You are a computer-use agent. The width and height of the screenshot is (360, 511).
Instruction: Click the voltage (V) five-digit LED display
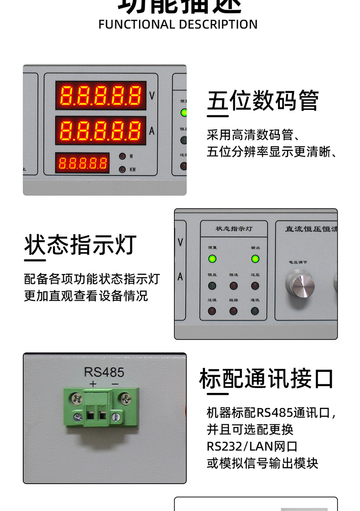click(x=101, y=95)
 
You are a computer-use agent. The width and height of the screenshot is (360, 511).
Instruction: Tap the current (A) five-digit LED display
click(x=101, y=130)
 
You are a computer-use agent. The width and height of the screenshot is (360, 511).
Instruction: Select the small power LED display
click(x=82, y=163)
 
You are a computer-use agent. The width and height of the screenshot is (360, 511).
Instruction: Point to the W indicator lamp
click(x=122, y=156)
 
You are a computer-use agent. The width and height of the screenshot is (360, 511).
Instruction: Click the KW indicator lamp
click(x=122, y=170)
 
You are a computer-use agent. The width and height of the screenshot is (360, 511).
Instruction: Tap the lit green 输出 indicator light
click(x=255, y=259)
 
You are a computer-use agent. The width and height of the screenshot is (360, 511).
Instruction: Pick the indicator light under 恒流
click(x=233, y=286)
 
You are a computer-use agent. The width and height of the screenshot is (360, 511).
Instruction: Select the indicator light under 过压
click(x=255, y=286)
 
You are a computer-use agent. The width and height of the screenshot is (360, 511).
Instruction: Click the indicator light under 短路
click(x=233, y=311)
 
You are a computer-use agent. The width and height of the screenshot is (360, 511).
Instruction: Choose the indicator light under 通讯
click(x=255, y=311)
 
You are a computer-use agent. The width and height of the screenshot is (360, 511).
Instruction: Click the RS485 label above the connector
click(x=104, y=372)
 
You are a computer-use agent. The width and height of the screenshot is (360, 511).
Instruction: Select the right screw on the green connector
click(x=125, y=400)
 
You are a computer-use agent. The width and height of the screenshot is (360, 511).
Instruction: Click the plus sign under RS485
click(x=93, y=384)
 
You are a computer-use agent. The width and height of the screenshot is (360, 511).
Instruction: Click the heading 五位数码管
click(x=263, y=101)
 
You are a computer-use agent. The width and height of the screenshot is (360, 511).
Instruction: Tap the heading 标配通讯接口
click(x=267, y=379)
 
